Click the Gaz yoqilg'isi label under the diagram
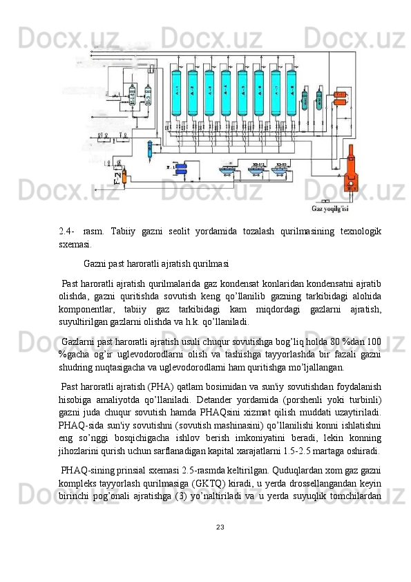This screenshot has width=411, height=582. point(330,209)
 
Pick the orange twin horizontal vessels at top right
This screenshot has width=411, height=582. point(340,101)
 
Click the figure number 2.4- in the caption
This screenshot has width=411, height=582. point(67,230)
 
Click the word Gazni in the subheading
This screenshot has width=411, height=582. point(97,263)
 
